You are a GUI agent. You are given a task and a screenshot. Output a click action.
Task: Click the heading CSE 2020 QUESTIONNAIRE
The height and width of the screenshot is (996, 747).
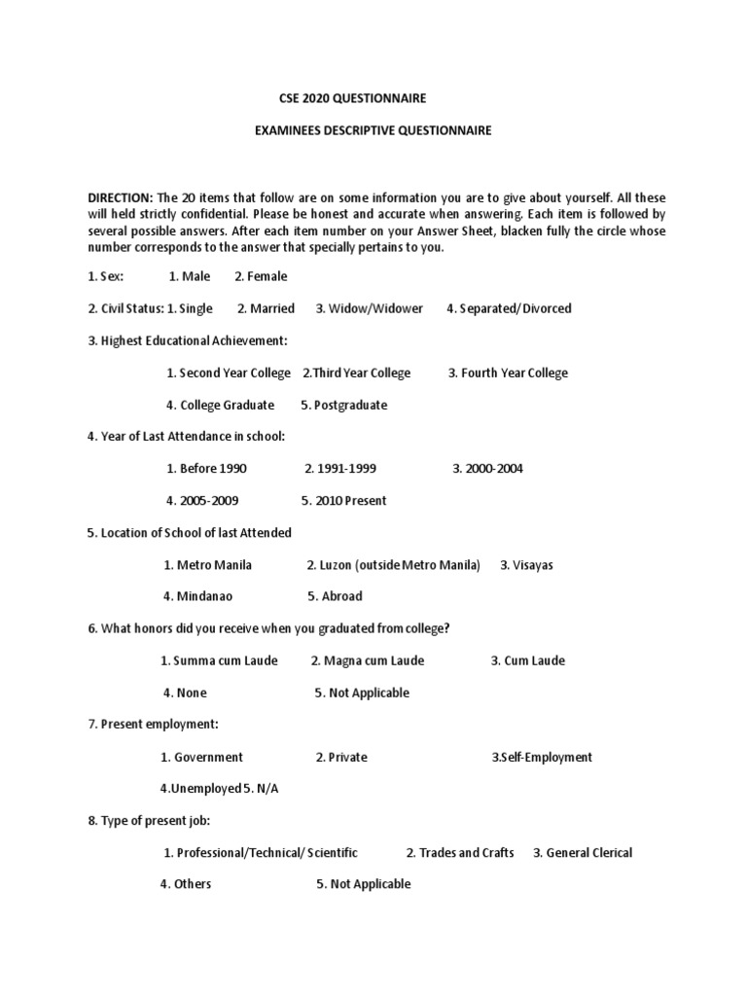(345, 98)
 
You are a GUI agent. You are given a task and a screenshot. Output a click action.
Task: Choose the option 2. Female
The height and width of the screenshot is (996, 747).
(261, 277)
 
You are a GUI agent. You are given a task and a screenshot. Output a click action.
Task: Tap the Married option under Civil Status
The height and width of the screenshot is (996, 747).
(266, 309)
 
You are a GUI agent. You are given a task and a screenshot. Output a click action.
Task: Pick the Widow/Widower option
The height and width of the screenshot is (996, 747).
(369, 309)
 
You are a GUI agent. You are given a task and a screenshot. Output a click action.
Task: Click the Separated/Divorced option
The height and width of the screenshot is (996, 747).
(509, 309)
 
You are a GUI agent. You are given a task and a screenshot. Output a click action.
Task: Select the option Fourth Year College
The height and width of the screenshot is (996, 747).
(508, 373)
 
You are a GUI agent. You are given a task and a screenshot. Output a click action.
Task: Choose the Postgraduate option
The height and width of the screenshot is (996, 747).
(343, 406)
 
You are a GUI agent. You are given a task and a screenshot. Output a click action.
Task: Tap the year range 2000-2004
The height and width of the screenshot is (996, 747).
(487, 469)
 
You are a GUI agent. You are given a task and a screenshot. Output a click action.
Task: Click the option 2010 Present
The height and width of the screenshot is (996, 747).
(343, 501)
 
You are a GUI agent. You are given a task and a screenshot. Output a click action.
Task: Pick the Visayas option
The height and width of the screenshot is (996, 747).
(526, 565)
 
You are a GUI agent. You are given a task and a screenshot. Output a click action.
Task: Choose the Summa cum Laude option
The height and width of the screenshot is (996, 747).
(219, 661)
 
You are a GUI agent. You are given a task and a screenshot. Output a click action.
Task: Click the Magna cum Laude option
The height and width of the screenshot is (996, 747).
(368, 661)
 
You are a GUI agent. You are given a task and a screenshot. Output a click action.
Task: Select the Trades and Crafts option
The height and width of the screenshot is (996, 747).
(460, 853)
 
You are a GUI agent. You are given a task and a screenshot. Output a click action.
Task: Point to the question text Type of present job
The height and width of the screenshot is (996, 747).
(156, 821)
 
